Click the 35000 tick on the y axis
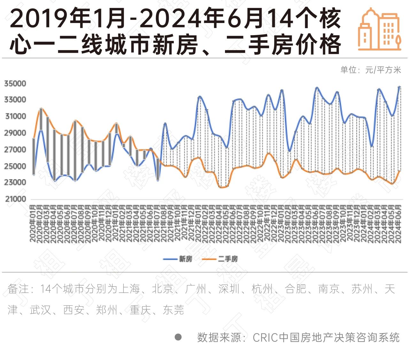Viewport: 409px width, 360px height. click(x=15, y=84)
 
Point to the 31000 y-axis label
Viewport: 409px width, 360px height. click(x=15, y=117)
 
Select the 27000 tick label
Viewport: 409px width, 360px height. click(x=15, y=149)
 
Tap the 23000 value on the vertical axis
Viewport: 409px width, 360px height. click(x=15, y=182)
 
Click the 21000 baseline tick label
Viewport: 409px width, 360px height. click(x=15, y=199)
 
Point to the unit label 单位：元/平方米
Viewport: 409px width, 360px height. click(x=370, y=70)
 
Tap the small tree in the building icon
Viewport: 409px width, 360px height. click(x=398, y=41)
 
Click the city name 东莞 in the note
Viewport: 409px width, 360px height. click(x=174, y=310)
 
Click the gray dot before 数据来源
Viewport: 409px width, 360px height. click(x=178, y=337)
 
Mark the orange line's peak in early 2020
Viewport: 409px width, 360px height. click(x=41, y=108)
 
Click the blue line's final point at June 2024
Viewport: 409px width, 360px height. click(x=399, y=87)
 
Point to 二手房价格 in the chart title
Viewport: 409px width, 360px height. click(x=283, y=44)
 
